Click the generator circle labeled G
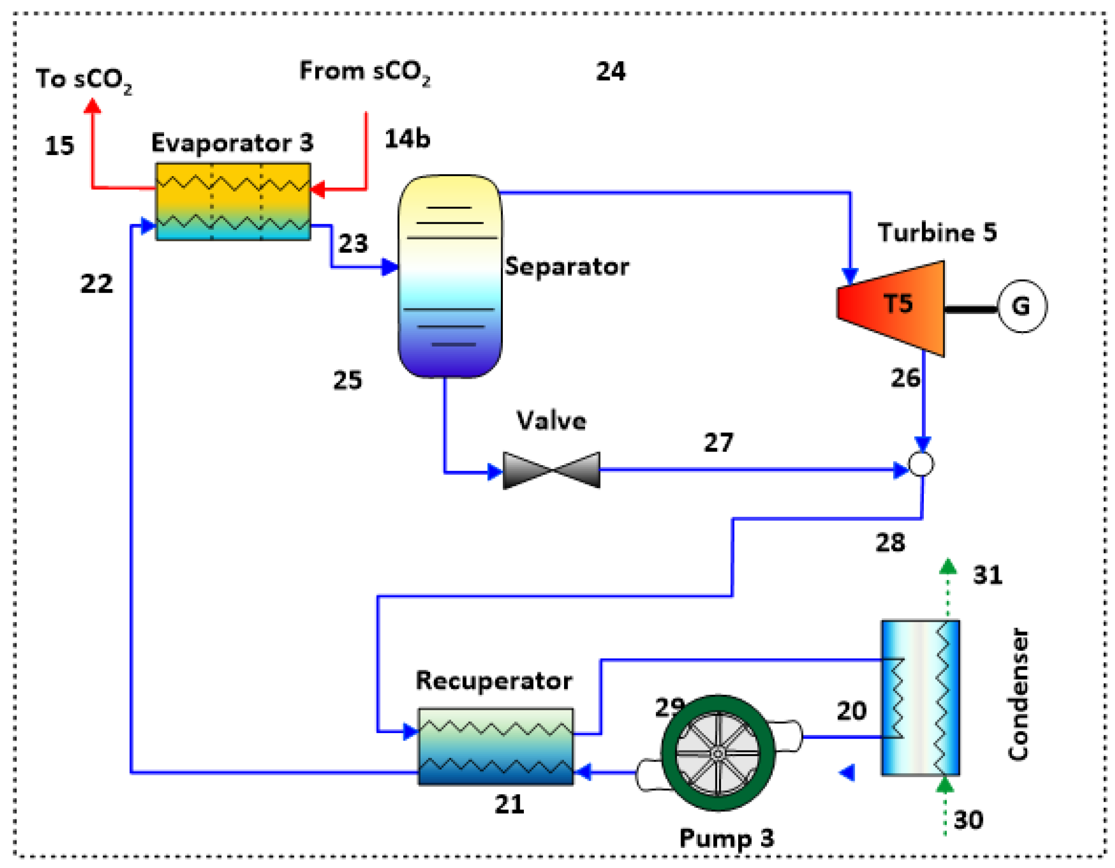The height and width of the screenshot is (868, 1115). click(1022, 307)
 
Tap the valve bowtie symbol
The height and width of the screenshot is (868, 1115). click(551, 470)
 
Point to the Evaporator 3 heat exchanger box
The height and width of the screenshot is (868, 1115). click(233, 201)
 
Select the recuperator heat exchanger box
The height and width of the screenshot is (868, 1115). click(495, 747)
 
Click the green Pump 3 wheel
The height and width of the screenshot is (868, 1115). click(718, 753)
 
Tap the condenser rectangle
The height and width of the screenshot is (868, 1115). click(920, 697)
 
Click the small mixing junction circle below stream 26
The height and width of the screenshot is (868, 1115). click(921, 464)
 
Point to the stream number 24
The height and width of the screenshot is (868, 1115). click(611, 71)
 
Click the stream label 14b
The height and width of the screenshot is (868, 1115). click(407, 139)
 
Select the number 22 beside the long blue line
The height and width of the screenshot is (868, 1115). click(96, 284)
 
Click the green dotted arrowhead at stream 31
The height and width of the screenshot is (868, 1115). click(948, 566)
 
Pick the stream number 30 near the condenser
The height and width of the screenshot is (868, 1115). click(968, 819)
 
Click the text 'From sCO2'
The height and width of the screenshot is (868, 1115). click(364, 72)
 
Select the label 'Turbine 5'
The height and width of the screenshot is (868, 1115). click(937, 232)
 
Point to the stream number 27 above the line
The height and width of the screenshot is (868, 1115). click(718, 442)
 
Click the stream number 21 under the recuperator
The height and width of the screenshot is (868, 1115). click(509, 805)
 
